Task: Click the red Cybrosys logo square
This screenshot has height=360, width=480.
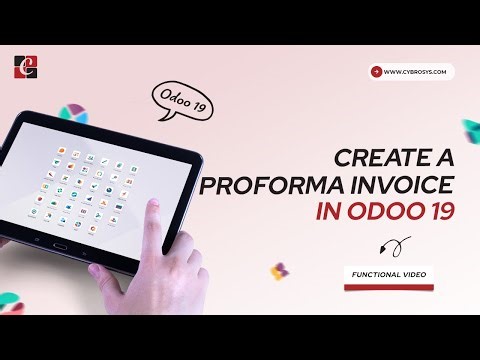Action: (x=26, y=68)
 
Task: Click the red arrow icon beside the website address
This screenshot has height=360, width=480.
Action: (x=376, y=72)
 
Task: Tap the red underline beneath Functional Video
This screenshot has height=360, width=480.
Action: (x=388, y=287)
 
